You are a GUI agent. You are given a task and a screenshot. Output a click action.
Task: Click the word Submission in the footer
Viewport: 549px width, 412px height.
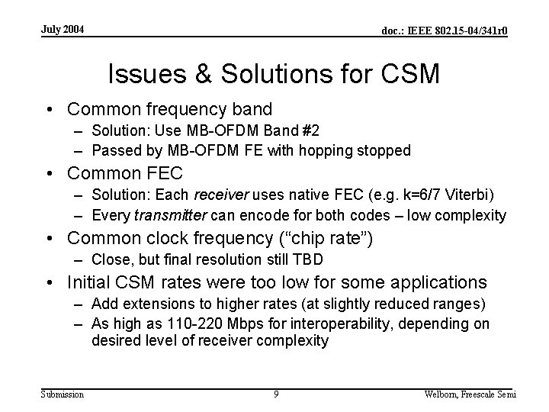[62, 394]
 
